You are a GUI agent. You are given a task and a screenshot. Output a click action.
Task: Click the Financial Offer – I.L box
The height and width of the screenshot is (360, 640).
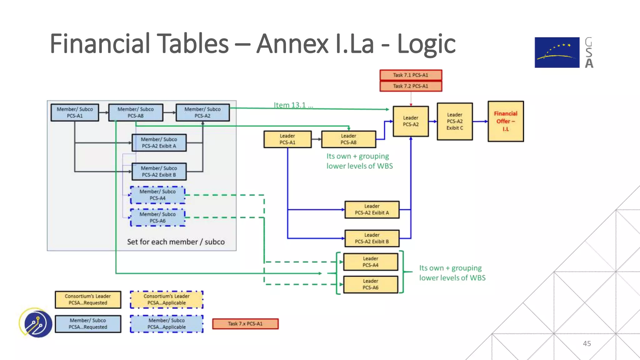click(506, 121)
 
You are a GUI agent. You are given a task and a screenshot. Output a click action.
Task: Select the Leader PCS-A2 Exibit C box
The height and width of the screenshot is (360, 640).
click(455, 121)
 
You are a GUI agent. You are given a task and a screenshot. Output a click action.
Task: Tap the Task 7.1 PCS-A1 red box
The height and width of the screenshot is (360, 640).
click(411, 75)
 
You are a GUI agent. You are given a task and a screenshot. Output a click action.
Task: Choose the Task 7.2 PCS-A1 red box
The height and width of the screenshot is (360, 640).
click(411, 86)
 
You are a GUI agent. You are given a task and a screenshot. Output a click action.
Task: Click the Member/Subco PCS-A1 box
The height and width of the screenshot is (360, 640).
click(75, 112)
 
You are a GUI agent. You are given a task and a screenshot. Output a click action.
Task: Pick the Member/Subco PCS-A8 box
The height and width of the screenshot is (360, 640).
click(136, 112)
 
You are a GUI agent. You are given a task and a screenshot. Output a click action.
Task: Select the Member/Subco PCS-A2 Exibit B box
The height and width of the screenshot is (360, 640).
click(159, 172)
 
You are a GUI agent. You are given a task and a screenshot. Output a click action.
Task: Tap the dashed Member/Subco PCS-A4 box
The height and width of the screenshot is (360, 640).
click(157, 195)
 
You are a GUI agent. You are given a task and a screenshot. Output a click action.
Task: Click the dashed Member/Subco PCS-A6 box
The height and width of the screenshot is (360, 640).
click(157, 217)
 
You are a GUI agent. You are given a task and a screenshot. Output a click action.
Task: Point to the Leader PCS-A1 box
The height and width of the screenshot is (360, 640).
click(287, 139)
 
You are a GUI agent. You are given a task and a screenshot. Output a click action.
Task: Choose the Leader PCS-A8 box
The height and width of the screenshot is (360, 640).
click(348, 139)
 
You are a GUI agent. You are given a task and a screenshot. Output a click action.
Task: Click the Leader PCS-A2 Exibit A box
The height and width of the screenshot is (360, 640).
click(372, 209)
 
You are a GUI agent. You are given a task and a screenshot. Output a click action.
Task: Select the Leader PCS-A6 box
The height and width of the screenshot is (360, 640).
click(371, 284)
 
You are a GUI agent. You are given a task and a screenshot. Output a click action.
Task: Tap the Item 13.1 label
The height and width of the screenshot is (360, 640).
click(293, 105)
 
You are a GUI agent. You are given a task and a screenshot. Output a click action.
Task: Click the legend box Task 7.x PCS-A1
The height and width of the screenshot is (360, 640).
click(245, 324)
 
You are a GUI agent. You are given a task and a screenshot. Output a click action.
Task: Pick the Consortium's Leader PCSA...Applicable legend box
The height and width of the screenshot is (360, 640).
click(167, 299)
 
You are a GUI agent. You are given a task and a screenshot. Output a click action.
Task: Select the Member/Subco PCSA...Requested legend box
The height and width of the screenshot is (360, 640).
click(88, 324)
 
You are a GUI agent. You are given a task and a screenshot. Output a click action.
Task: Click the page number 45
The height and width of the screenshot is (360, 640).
click(587, 343)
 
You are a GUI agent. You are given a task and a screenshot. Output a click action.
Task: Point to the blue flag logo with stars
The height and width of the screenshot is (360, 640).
click(557, 52)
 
